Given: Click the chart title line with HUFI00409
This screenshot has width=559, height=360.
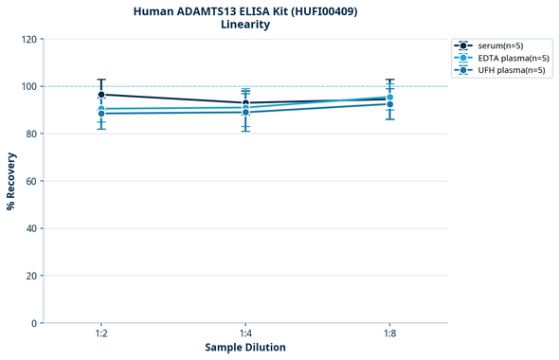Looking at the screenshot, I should click(x=245, y=11).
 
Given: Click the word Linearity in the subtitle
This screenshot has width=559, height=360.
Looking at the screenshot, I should click(x=245, y=26).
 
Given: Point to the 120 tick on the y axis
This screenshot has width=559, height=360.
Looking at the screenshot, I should click(x=28, y=40).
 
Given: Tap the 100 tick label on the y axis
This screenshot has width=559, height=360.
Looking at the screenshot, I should click(x=28, y=87).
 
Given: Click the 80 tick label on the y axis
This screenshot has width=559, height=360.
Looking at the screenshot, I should click(x=31, y=135).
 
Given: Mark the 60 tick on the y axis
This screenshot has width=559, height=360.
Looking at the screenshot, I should click(x=31, y=182).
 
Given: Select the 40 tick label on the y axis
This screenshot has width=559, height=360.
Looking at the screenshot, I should click(x=31, y=229).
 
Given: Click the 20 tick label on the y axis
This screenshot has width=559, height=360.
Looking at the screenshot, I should click(x=31, y=277).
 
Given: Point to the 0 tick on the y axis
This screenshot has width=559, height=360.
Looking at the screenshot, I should click(x=34, y=324).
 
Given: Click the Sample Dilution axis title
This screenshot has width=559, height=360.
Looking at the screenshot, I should click(x=245, y=348).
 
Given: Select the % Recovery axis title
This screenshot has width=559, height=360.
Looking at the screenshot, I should click(x=11, y=181).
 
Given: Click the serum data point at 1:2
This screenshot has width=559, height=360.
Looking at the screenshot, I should click(x=101, y=95).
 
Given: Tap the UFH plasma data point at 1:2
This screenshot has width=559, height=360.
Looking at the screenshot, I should click(x=101, y=114).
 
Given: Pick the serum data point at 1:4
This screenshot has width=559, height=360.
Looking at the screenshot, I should click(x=245, y=103).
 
